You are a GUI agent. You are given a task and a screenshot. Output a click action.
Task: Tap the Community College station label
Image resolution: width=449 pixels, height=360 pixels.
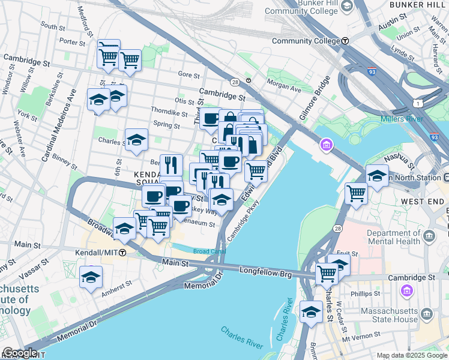pos(306,41)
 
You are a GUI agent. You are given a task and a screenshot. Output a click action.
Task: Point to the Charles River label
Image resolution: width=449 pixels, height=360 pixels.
pos(241,338)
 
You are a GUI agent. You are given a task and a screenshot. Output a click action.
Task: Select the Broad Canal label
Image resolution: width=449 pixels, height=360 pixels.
pos(208,251)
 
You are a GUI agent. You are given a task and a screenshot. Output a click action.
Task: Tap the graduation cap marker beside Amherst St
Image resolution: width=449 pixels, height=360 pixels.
pos(91,277)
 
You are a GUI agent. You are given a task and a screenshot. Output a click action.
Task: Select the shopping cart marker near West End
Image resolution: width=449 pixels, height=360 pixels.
pos(356,193)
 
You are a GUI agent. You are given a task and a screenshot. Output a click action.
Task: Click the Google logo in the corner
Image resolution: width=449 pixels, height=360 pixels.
pos(20,352)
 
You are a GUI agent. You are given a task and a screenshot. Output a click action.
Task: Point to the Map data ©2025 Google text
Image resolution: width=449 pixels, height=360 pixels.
pos(411,355)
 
